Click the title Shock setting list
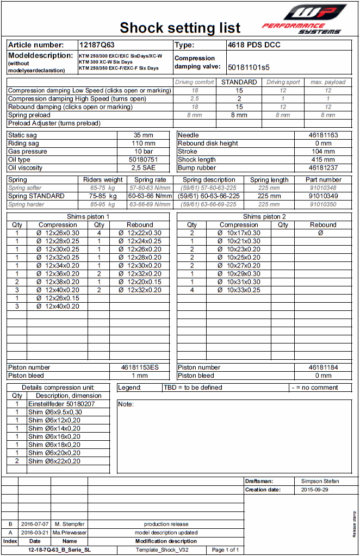tap(180, 28)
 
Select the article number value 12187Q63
tap(97, 45)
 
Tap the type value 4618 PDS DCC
tap(254, 45)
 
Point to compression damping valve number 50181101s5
tap(249, 67)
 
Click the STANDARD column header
tap(239, 82)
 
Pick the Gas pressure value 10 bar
tap(144, 152)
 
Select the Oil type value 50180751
tap(144, 160)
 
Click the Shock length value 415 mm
tap(324, 160)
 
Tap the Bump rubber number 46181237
tap(324, 168)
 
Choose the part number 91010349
tap(324, 196)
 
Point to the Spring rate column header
tap(151, 180)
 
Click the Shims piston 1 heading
tap(88, 216)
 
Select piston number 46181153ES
tap(140, 367)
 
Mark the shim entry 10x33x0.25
tap(239, 290)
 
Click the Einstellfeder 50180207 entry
tap(61, 404)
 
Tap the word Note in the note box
tap(127, 404)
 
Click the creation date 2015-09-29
tap(315, 490)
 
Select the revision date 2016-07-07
tap(35, 524)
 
